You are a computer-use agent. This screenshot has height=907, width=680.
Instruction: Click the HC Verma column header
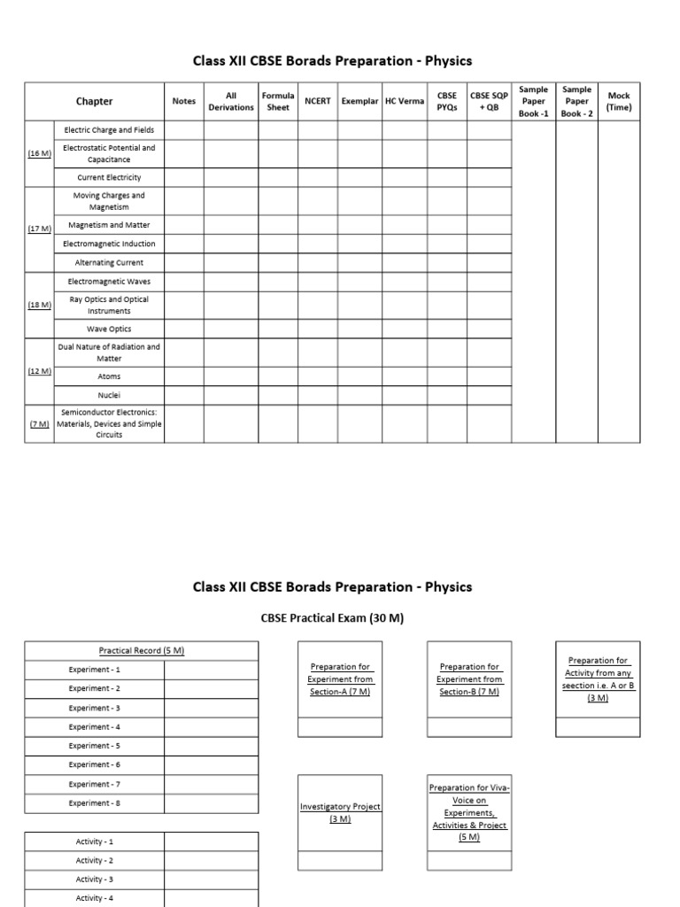coord(404,101)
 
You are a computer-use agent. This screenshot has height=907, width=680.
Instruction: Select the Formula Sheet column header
coord(278,101)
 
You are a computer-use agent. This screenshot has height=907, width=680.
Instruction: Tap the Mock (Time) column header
coord(619,101)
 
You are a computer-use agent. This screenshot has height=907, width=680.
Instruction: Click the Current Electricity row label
coord(109,177)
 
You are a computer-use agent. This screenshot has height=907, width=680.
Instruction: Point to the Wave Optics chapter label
coord(109,329)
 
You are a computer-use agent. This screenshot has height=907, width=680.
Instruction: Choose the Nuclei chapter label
coord(109,395)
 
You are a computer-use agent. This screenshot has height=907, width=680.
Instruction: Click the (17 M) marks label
coord(39,229)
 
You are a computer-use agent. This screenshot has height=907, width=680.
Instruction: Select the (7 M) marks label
coord(39,423)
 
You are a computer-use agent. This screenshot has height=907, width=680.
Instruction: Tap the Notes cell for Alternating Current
coord(184,262)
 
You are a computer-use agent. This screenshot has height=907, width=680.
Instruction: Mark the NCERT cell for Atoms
coord(317,376)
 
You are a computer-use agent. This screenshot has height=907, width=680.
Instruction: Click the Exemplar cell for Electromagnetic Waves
coord(360,281)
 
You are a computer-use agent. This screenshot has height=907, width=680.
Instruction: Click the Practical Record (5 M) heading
coord(142,650)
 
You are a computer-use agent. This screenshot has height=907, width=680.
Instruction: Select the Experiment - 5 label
coord(95,746)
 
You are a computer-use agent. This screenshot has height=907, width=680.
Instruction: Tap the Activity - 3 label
coord(95,880)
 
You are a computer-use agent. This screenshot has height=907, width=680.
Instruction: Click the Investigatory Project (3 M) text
coord(340,812)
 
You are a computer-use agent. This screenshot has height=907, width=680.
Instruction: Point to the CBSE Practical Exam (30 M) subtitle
coord(333,618)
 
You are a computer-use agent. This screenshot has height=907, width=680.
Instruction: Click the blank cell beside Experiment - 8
coord(212,803)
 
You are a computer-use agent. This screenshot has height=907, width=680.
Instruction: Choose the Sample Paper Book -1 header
coord(533,101)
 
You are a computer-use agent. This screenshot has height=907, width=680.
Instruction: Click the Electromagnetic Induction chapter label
coord(109,244)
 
